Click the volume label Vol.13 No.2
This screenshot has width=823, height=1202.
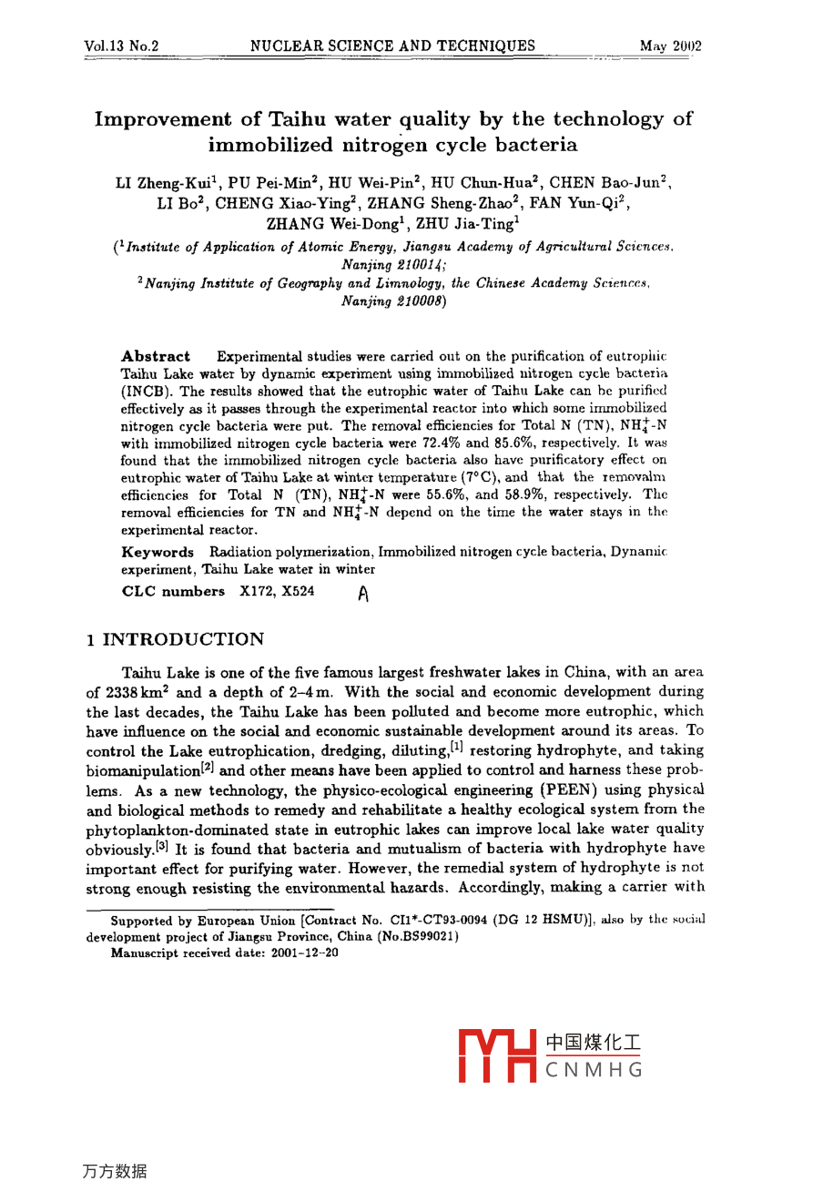point(121,46)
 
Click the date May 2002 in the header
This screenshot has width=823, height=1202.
point(670,46)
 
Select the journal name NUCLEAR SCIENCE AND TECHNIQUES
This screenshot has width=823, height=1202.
point(392,46)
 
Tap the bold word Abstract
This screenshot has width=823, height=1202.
point(156,356)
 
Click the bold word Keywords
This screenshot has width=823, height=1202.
point(157,552)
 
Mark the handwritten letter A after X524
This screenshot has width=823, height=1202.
point(363,595)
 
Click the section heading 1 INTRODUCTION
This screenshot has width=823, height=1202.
point(176,639)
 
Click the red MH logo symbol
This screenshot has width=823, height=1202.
point(497,1054)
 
